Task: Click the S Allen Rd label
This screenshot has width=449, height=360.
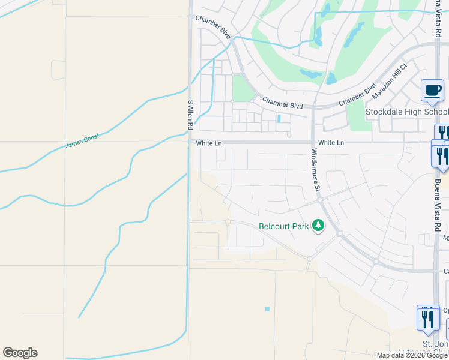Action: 190,115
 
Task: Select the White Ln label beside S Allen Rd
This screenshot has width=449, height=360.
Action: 209,143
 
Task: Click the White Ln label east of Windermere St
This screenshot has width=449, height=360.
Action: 331,143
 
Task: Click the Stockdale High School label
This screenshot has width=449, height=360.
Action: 407,112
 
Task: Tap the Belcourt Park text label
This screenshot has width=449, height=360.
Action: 283,226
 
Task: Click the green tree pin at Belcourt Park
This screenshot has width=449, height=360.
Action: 318,226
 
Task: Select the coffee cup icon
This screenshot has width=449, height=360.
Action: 432,91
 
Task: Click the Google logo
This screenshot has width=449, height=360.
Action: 20,353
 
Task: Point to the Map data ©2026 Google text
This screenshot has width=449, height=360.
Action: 412,355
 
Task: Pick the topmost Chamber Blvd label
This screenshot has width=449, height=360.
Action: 213,28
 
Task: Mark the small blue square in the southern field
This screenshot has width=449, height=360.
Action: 267,309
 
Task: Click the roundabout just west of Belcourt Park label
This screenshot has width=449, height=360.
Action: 228,222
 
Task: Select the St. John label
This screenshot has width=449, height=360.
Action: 435,344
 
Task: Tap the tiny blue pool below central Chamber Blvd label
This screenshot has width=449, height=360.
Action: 279,118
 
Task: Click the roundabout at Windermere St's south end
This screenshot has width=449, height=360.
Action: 321,199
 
